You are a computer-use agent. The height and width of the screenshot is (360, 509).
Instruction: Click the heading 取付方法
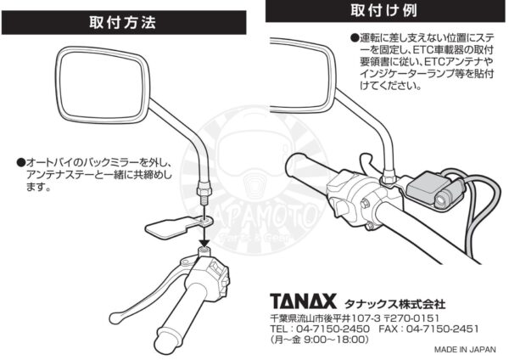pyautogui.click(x=123, y=23)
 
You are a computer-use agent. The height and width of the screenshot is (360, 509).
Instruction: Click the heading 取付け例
pyautogui.click(x=384, y=10)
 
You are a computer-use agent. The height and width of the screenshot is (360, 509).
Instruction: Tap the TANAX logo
pyautogui.click(x=303, y=301)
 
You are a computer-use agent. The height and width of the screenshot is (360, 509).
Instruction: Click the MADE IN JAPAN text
pyautogui.click(x=465, y=350)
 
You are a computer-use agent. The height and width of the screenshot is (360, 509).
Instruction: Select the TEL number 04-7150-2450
pyautogui.click(x=333, y=329)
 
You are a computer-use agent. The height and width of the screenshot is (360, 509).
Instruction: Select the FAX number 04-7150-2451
pyautogui.click(x=443, y=329)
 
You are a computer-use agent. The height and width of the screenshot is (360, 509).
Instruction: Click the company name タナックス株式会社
pyautogui.click(x=394, y=304)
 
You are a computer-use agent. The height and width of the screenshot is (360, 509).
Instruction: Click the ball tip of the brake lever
pyautogui.click(x=114, y=318)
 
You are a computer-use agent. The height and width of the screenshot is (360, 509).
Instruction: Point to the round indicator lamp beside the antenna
pyautogui.click(x=442, y=200)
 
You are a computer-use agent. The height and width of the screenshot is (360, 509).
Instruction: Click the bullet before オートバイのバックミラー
pyautogui.click(x=20, y=162)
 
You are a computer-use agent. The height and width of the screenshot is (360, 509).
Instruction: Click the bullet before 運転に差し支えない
pyautogui.click(x=354, y=38)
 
